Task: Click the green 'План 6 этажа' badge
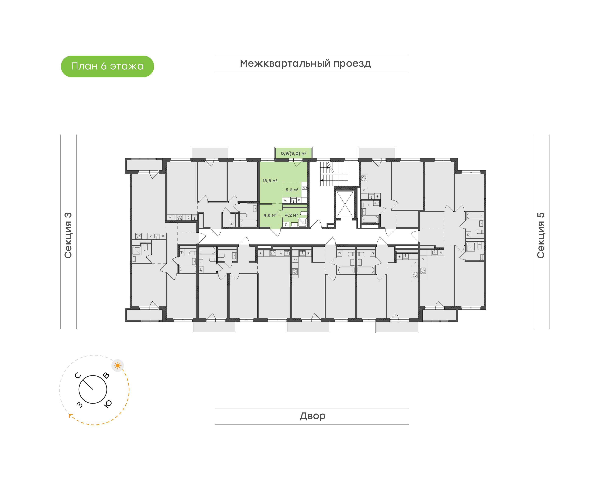pos(107,66)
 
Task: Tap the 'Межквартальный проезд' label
pos(305,64)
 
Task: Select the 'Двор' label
pos(312,416)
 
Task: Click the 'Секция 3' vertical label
pos(68,235)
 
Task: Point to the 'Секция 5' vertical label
pos(541,235)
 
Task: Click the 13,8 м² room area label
pos(270,181)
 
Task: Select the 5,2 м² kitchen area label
pos(292,190)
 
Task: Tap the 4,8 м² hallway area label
pos(270,215)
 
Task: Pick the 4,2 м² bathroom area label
pos(291,215)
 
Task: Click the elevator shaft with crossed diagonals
pos(345,204)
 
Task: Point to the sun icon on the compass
pos(118,365)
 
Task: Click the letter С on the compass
pos(78,376)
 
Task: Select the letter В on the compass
pos(106,376)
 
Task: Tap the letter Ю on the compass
pos(108,404)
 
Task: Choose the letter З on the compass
pos(80,405)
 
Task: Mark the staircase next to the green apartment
pos(334,174)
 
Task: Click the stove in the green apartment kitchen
pos(304,188)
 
